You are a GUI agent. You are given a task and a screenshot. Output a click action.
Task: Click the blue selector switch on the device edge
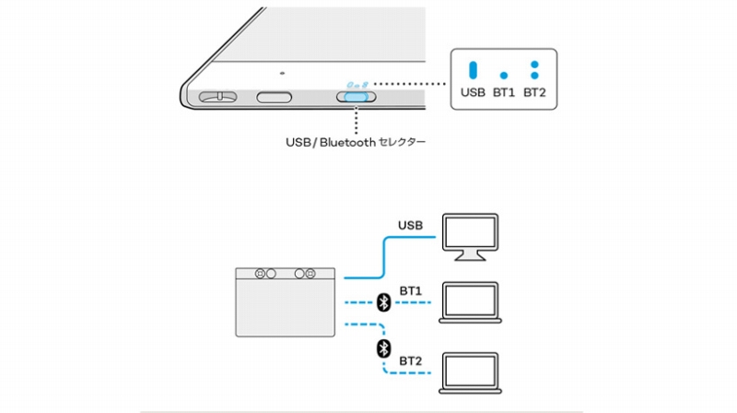356,97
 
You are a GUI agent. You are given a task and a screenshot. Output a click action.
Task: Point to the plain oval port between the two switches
275,97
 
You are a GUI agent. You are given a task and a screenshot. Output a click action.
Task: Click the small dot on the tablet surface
283,73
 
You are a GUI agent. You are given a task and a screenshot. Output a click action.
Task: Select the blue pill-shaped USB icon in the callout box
473,70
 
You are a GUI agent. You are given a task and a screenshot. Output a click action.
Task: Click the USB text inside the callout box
473,92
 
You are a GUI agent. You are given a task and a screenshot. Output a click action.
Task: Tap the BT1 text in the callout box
503,92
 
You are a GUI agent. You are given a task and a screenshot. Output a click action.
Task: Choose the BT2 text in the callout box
534,92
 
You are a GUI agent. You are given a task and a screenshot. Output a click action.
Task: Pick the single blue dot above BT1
503,75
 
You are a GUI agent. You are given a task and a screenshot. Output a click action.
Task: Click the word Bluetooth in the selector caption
345,143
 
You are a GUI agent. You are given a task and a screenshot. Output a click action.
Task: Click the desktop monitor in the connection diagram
470,236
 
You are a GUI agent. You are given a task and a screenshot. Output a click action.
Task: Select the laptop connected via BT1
470,301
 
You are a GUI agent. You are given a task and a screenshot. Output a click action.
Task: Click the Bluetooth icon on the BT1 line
384,302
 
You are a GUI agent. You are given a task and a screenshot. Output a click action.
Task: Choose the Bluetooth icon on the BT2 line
384,348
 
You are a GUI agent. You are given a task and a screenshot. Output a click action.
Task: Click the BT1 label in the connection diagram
411,290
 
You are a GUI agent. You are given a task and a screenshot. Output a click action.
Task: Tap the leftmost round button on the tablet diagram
261,274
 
